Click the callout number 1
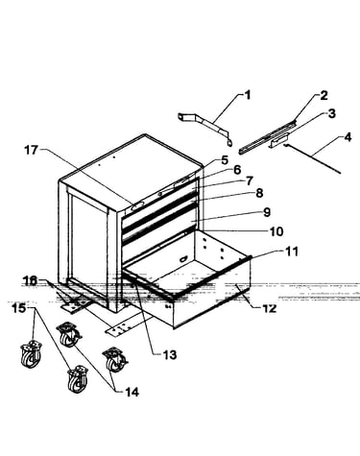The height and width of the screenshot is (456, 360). coord(248,95)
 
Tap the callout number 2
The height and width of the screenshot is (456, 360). coord(324,96)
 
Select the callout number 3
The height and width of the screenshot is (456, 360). coord(331,113)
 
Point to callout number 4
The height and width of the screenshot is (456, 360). coord(348,137)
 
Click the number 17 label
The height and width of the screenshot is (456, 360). coord(32,150)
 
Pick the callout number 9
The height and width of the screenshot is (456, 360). coord(267,212)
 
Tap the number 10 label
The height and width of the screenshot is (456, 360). coord(276,231)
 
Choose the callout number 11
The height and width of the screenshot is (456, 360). coord(292,252)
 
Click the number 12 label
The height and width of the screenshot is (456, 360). coord(269,308)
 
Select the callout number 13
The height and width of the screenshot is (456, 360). coord(170,354)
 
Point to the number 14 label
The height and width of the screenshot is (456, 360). coord(132,392)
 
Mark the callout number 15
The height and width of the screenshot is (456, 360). coord(19,308)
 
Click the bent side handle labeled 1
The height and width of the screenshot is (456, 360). coord(205,128)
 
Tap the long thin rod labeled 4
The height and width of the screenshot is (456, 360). coord(312,157)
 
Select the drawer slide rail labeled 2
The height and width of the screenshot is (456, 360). coord(267,136)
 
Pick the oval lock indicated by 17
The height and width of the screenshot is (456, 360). coord(135,206)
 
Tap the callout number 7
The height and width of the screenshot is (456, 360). coord(250,181)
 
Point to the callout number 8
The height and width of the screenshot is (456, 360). coord(259,193)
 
